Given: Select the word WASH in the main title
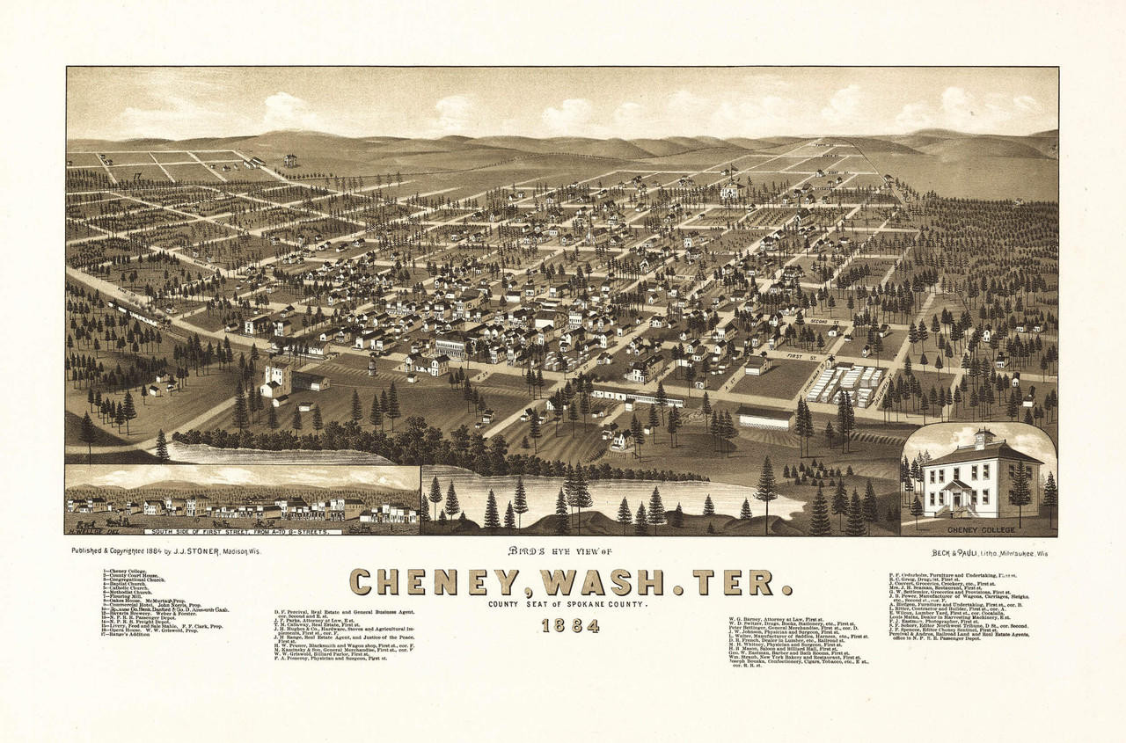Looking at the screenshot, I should [608, 582].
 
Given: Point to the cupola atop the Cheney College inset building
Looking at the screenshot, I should [983, 437].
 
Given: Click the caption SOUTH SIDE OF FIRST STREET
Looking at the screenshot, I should [236, 532].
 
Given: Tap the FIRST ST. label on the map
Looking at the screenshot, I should [801, 356].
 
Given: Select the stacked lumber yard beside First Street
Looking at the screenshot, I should [845, 384].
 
